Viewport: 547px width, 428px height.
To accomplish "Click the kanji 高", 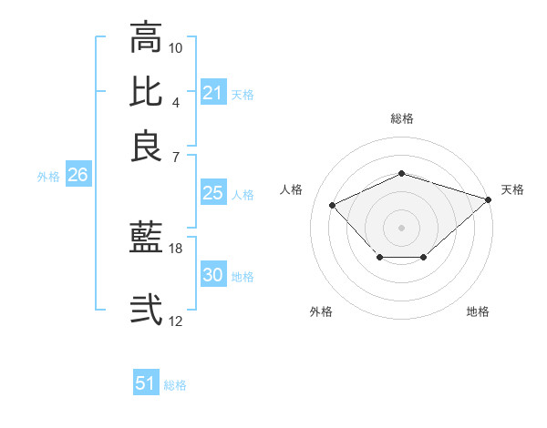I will point(146,38).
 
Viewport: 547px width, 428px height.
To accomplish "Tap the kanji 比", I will point(146,91).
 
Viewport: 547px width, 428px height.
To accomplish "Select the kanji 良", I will point(146,146).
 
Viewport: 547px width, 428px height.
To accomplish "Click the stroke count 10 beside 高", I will point(176,47).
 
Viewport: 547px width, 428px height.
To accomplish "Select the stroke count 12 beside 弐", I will point(176,321).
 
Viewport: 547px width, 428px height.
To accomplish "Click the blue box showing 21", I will point(212,93).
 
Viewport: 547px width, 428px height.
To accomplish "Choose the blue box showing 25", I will point(212,193).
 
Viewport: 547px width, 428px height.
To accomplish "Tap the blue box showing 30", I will point(212,275).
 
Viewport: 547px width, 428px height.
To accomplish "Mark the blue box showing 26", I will point(77,176).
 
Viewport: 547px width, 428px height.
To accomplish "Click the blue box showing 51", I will point(146,383).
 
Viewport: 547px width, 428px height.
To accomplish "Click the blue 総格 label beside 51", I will point(175,385).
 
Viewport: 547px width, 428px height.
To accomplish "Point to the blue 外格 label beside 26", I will point(47,178).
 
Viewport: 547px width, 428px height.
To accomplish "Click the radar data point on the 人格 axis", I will point(333,205).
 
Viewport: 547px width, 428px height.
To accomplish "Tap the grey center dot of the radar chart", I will point(402,227).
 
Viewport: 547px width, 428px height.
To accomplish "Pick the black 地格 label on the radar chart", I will point(478,311).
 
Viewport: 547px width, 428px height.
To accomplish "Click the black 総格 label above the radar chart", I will point(402,118).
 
